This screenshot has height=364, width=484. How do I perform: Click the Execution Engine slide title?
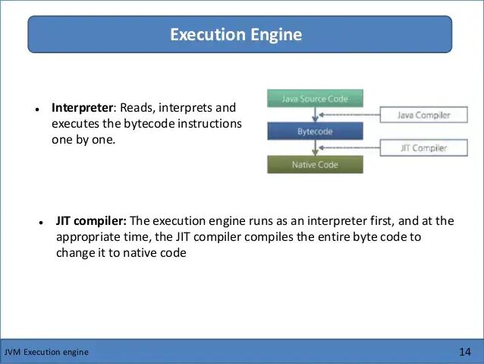pos(236,35)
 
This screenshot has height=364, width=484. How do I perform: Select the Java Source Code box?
pos(315,98)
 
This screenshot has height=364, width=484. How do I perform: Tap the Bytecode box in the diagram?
pos(315,131)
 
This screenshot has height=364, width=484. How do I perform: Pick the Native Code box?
pos(315,164)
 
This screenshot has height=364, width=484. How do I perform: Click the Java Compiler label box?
pos(424,116)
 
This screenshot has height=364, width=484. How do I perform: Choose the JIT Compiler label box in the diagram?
pos(424,148)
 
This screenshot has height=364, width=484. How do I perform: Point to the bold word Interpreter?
pos(80,108)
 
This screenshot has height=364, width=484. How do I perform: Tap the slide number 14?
pos(465,352)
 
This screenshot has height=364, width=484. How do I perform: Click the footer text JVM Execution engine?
pos(46,352)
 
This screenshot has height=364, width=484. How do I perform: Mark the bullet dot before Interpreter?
pos(36,109)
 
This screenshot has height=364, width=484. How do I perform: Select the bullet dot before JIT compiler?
pos(41,223)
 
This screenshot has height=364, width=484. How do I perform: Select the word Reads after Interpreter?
pos(136,108)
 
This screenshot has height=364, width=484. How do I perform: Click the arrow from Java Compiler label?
pos(357,116)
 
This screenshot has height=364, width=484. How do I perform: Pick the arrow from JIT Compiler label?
pos(357,148)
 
